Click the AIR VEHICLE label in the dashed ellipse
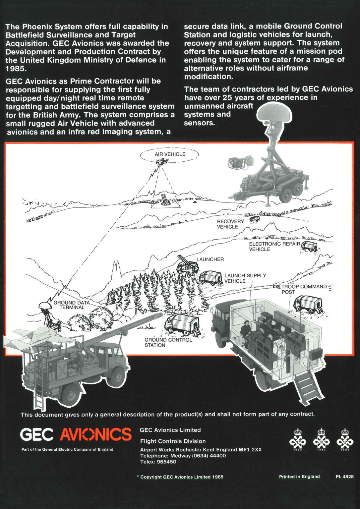point(170,154)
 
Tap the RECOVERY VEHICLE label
point(230,224)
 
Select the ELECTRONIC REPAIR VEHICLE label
point(274,246)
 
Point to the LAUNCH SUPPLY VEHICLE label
point(245,278)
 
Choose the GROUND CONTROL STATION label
point(168,342)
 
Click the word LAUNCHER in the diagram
point(210,259)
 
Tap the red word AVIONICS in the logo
point(95,434)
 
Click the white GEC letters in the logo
point(37,434)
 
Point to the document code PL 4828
point(344,477)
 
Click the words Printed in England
point(299,477)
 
